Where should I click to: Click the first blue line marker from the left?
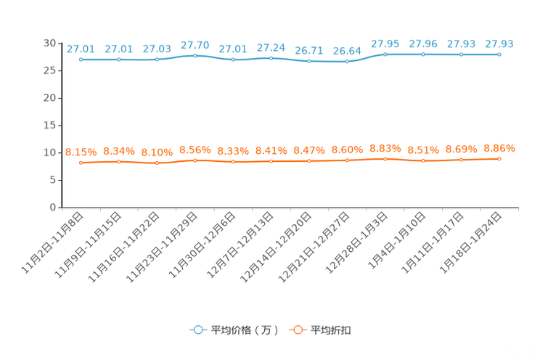coord(81,60)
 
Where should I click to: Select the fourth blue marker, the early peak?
coord(195,55)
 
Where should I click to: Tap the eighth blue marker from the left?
coord(348,62)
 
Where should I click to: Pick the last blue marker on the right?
coord(499,54)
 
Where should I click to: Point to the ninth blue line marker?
coord(385,54)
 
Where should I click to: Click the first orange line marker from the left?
coord(81,163)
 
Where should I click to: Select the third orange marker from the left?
coord(157,163)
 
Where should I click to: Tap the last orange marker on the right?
coord(499,158)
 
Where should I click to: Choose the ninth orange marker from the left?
coord(385,158)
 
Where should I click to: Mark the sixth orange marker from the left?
coord(271,161)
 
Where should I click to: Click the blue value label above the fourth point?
coord(195,45)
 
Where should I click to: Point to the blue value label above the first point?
coord(81,49)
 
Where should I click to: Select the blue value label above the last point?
coord(499,44)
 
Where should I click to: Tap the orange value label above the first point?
coord(81,152)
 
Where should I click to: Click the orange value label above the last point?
coord(499,148)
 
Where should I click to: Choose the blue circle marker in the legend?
coord(197,330)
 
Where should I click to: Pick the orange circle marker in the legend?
coord(297,330)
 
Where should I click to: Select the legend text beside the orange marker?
coord(332,330)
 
